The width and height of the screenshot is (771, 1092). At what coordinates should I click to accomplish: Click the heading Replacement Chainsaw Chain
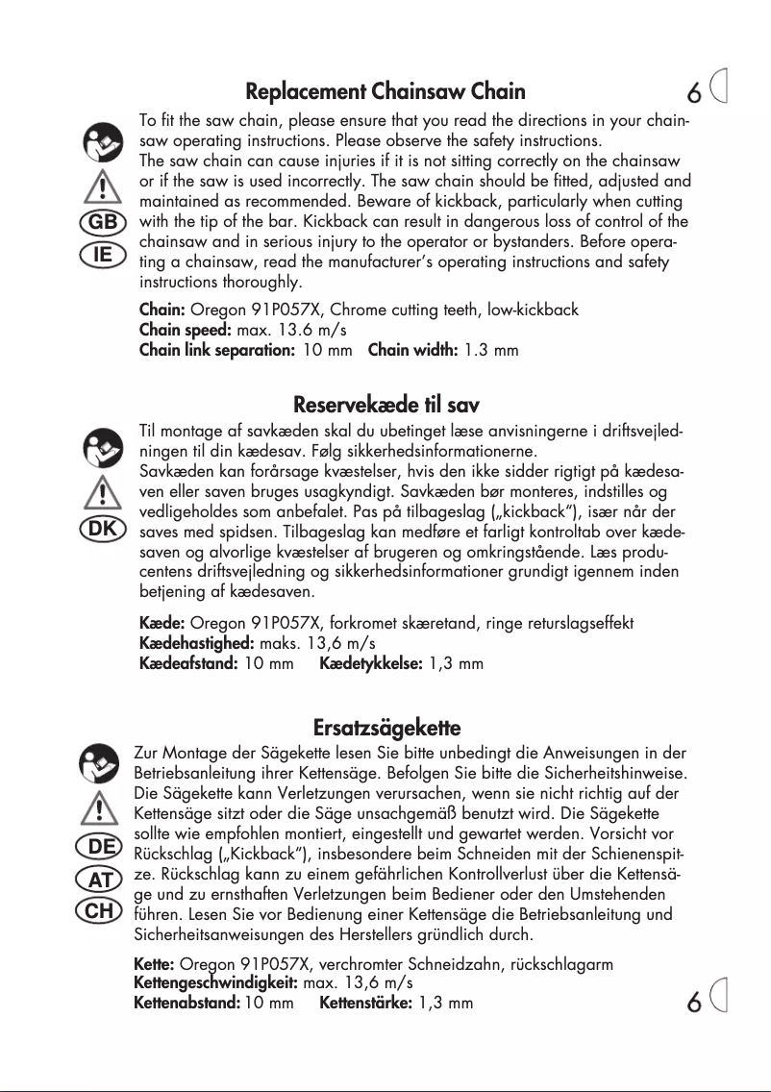pos(385,92)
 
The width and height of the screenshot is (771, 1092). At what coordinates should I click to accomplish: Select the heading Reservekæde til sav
pos(385,404)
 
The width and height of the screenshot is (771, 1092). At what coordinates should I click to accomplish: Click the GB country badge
pos(102,221)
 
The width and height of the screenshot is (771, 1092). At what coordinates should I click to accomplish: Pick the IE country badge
pos(102,255)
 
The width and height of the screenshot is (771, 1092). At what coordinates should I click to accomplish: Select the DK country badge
pos(102,530)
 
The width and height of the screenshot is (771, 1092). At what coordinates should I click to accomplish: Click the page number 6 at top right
pos(694,93)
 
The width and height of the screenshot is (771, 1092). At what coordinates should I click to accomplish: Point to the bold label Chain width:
pos(412,350)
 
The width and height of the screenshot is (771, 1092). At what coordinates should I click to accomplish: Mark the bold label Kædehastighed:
pos(197,643)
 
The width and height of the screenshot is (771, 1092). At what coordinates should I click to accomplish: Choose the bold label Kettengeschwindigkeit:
pos(215,983)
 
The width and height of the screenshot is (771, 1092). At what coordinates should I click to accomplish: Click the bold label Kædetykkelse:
pos(370,663)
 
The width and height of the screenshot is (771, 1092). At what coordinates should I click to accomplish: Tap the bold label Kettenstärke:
pos(366,1004)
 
